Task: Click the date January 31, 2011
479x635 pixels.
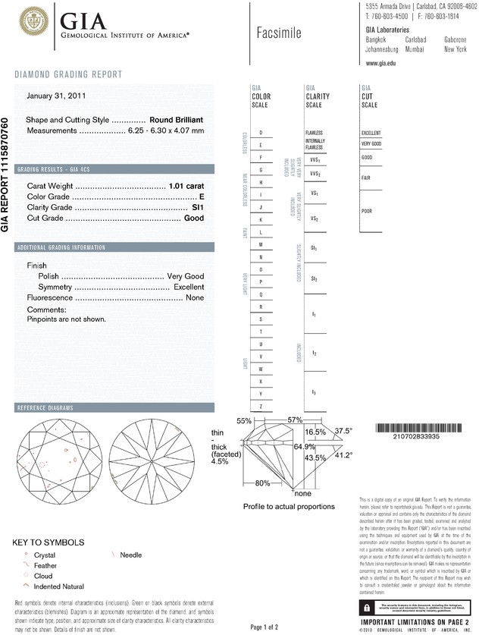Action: [55, 96]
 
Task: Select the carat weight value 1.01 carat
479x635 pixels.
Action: [186, 186]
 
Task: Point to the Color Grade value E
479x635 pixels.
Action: [202, 196]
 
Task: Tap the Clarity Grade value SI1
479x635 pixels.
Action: [198, 207]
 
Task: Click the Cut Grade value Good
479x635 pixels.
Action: [194, 218]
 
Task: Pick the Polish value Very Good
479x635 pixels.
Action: [184, 276]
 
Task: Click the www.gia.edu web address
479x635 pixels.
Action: [381, 64]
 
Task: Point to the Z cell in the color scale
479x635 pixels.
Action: [261, 407]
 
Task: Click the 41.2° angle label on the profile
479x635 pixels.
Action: [345, 455]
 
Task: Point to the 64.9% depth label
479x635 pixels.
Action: [305, 448]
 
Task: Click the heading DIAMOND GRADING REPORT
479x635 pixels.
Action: [68, 74]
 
